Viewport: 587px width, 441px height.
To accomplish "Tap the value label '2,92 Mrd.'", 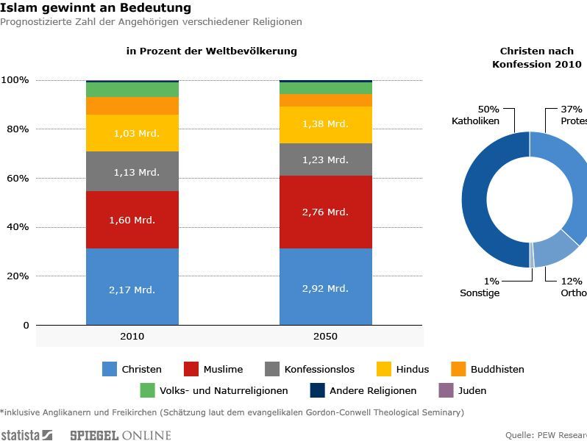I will click(325, 288).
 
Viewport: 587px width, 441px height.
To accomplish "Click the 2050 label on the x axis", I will click(325, 337).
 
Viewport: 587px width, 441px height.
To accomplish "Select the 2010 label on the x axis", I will click(132, 337).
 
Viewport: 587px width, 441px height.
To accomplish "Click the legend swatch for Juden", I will click(446, 390).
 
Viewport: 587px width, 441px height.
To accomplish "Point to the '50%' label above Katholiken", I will click(488, 109).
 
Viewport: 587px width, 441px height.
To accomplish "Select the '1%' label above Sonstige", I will click(491, 281).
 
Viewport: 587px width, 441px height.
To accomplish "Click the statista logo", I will click(26, 435).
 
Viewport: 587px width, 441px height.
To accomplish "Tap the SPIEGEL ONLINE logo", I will click(120, 435).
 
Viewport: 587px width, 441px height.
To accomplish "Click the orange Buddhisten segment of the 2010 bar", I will click(132, 106).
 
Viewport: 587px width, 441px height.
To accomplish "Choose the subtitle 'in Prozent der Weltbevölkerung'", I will click(212, 51).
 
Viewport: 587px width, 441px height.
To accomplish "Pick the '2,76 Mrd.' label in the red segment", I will click(325, 212).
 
